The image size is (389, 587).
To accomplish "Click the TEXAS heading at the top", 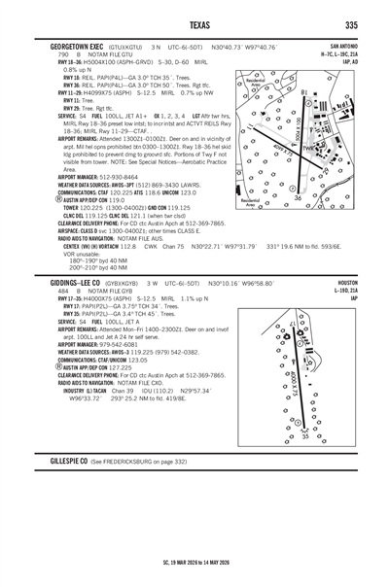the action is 194,23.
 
